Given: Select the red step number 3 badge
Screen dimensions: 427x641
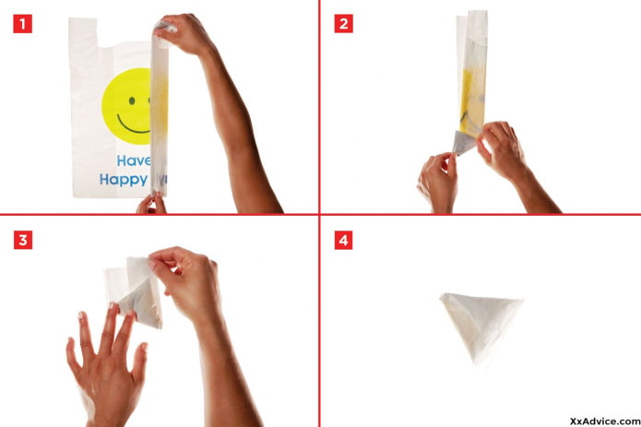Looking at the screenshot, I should coord(22,241).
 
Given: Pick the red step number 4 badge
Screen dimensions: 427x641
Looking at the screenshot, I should coord(343,241).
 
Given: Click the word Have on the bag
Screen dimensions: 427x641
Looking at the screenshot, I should coord(132,161).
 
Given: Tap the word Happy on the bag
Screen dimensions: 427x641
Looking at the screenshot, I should coord(125,181).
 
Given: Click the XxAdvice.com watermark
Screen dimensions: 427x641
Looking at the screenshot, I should coord(604,416).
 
